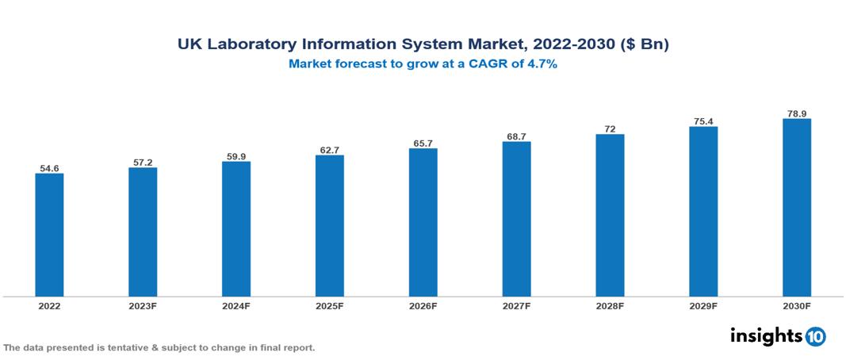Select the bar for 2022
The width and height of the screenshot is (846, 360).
[x=49, y=235]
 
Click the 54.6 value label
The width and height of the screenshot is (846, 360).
[x=49, y=168]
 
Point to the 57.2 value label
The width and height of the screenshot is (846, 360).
[x=143, y=163]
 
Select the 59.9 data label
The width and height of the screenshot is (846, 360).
[x=236, y=156]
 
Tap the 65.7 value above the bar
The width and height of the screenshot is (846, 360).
[x=423, y=144]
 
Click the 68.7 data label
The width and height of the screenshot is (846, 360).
[x=516, y=137]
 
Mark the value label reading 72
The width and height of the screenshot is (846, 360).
[x=610, y=129]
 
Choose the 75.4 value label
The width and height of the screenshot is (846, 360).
[x=703, y=121]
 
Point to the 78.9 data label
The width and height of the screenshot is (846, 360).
[x=796, y=114]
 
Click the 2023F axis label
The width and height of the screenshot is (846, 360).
[x=143, y=305]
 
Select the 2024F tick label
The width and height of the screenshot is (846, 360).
[x=236, y=305]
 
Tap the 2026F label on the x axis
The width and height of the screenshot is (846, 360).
[x=423, y=305]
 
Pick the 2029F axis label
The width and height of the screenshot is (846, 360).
[x=703, y=305]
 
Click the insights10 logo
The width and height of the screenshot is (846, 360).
[x=777, y=336]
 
